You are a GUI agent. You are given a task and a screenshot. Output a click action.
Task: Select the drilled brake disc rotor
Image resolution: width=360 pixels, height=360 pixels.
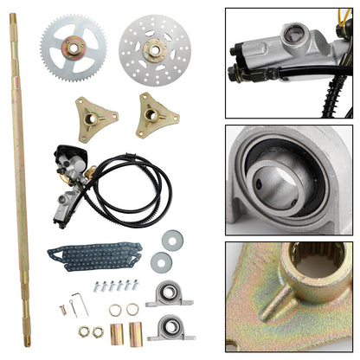152,47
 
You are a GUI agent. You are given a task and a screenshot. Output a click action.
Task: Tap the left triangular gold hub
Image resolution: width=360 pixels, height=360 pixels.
94,119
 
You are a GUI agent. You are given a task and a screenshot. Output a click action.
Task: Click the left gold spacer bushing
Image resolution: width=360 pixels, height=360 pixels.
117,332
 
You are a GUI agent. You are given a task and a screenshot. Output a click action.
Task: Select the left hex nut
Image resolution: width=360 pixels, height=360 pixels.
84,331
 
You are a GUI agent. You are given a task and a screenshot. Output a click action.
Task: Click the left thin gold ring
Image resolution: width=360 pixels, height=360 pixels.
115,309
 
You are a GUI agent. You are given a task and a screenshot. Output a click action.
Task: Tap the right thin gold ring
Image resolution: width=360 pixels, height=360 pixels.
132,309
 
